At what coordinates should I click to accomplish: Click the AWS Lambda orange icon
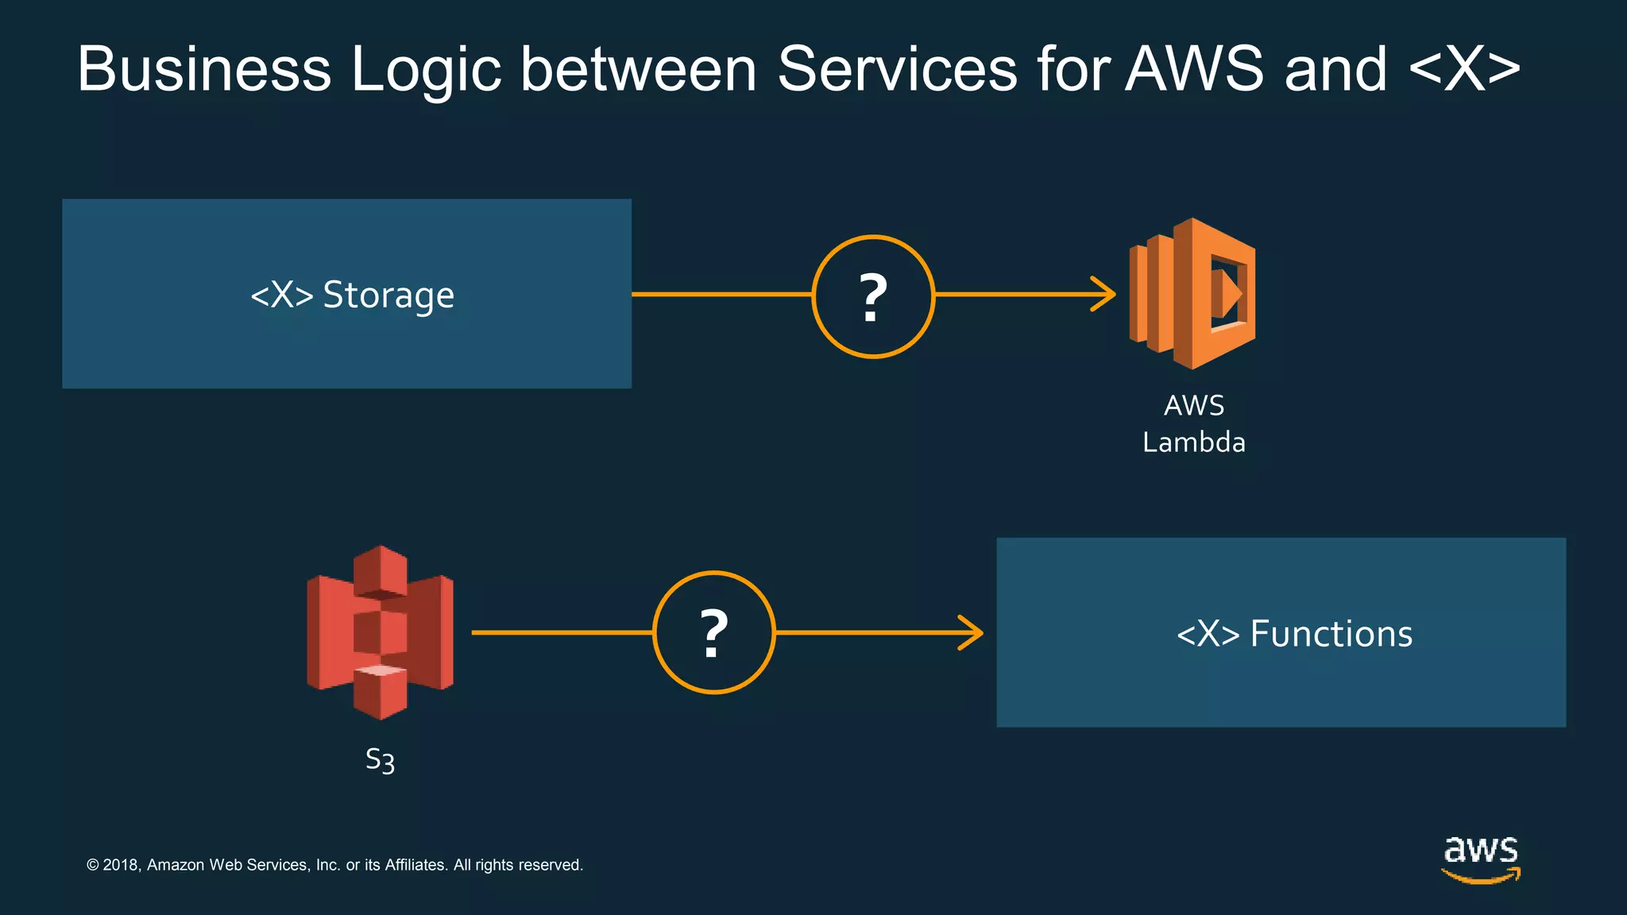click(1192, 293)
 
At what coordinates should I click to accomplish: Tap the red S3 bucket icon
click(380, 632)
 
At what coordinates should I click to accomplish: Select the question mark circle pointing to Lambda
click(873, 296)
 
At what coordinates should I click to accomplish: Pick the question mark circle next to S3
click(713, 632)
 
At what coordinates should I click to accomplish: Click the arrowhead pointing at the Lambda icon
click(1105, 294)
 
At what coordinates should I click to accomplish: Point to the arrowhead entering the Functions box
click(972, 632)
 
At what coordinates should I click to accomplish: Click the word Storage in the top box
click(388, 295)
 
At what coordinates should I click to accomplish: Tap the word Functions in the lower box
click(1331, 634)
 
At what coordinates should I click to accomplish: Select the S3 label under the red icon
click(380, 760)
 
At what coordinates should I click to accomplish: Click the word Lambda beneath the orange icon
click(1193, 442)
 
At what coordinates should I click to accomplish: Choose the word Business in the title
click(203, 69)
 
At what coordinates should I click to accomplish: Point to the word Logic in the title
click(426, 69)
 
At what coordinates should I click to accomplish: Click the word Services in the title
click(897, 69)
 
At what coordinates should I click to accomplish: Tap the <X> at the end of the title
click(1464, 69)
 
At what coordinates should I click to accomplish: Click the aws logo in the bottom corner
click(1481, 858)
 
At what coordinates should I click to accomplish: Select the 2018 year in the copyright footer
click(121, 865)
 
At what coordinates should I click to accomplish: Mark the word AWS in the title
click(1193, 69)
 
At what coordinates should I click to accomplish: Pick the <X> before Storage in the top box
click(281, 295)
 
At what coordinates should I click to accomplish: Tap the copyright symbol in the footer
click(93, 865)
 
